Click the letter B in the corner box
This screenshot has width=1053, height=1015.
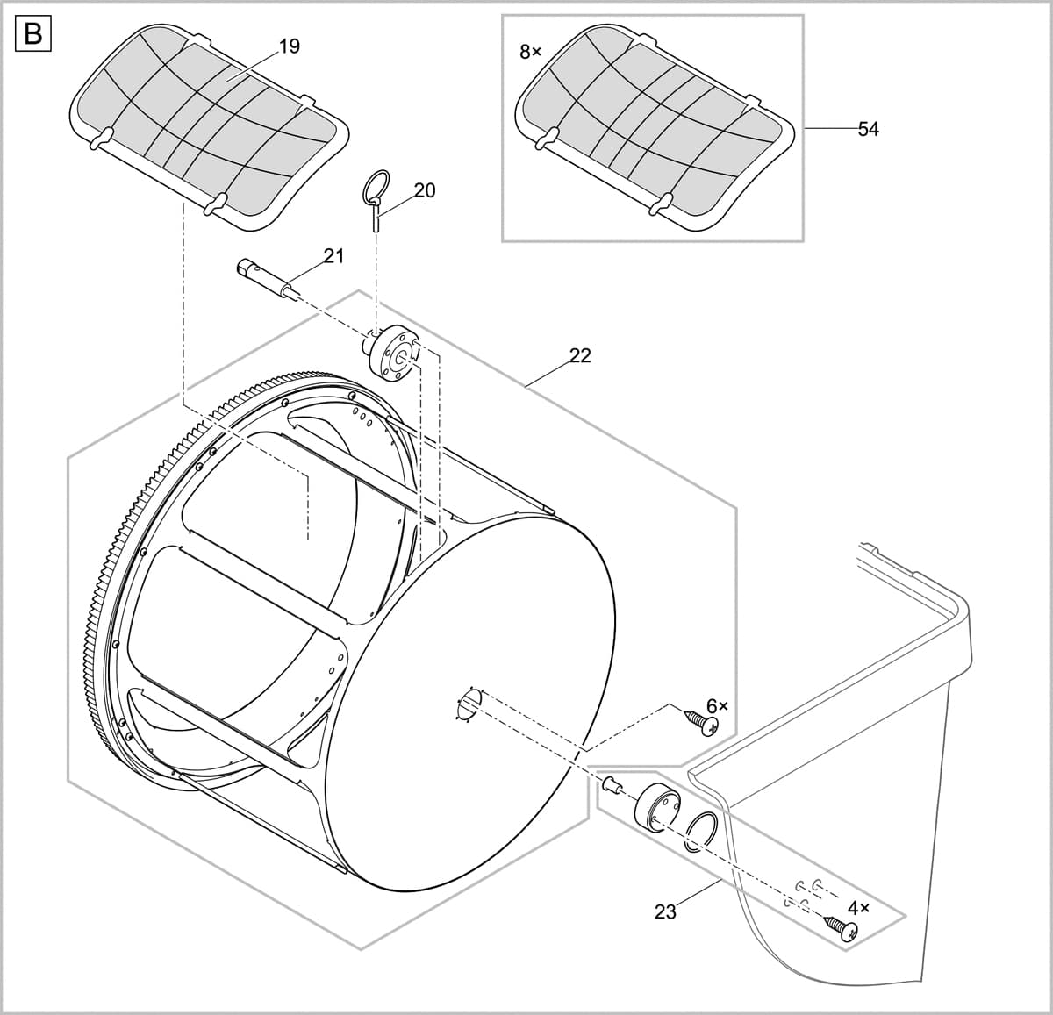(33, 34)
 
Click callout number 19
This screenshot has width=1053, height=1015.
(289, 46)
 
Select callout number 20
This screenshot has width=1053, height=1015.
(425, 190)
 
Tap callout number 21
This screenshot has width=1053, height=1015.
(333, 256)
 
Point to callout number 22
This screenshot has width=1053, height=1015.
(580, 355)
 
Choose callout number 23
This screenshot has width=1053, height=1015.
(666, 912)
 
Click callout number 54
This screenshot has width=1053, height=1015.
(868, 129)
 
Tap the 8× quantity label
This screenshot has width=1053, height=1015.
(530, 53)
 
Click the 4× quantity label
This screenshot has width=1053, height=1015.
(858, 908)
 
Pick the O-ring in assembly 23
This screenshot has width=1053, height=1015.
(701, 830)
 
